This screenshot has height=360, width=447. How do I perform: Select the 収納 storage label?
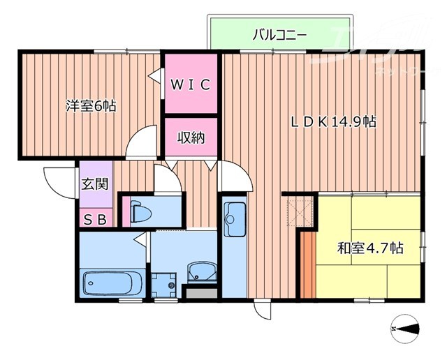point(190,138)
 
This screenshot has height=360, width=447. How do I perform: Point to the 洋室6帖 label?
point(91,107)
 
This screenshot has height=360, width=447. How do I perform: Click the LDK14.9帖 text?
point(334,121)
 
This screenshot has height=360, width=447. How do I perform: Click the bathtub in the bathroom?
point(112,283)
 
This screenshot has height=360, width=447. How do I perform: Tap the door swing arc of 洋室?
point(142,141)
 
